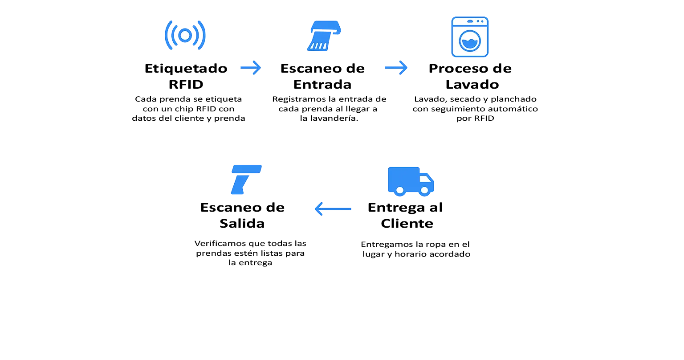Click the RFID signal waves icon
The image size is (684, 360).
[185, 35]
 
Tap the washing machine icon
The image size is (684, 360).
[470, 37]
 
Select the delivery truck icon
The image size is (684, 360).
[411, 181]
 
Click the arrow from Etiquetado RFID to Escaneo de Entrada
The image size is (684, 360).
[250, 68]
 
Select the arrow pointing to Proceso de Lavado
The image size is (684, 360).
[396, 68]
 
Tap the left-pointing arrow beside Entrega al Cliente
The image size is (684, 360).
[333, 209]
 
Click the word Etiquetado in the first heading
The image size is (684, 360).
[186, 69]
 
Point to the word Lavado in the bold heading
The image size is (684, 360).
[472, 84]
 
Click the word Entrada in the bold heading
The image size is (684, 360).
[322, 84]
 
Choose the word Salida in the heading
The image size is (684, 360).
[242, 223]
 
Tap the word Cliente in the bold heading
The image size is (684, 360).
[407, 223]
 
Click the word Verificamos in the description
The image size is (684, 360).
[220, 243]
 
